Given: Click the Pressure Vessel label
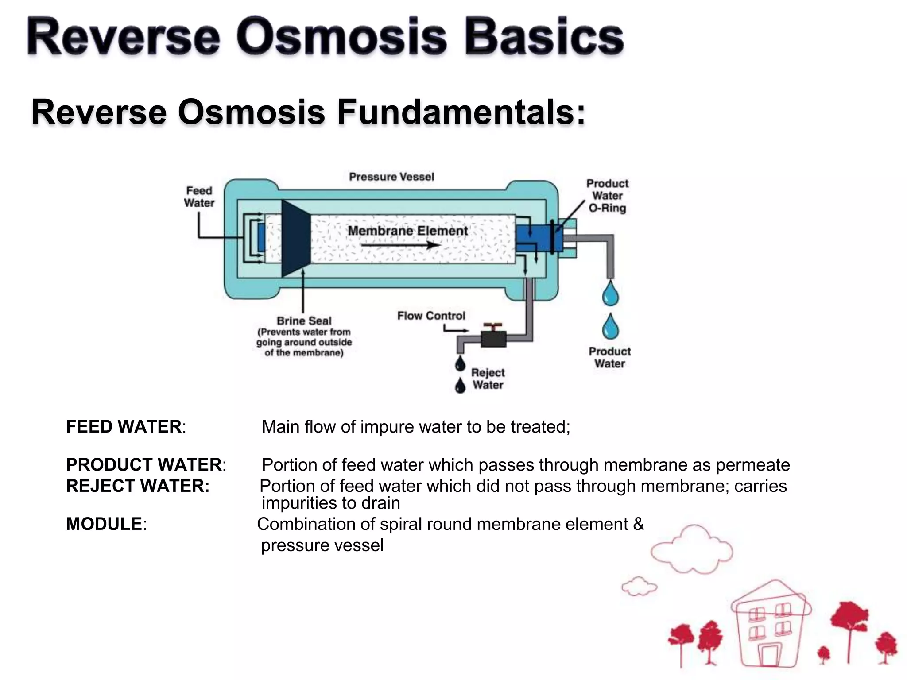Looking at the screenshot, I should [391, 177].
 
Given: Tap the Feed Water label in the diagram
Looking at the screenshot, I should [199, 197].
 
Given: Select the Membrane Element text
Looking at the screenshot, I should [407, 231].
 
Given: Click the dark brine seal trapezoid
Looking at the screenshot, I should [295, 238].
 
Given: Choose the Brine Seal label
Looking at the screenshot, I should [304, 321].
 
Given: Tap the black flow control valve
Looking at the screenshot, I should [493, 338].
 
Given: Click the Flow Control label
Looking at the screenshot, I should [431, 316].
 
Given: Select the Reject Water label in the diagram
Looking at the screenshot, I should [488, 379].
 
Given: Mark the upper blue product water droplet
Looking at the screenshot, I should [611, 293].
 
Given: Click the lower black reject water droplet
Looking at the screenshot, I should [461, 386].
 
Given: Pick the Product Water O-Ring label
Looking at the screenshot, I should [607, 196].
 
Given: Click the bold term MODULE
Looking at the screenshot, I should [104, 524].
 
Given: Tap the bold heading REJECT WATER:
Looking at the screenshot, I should [137, 486].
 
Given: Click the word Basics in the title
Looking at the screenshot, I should [544, 37].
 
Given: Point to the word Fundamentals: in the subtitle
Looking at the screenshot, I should [461, 112].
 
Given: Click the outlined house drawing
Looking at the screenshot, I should [771, 624].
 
